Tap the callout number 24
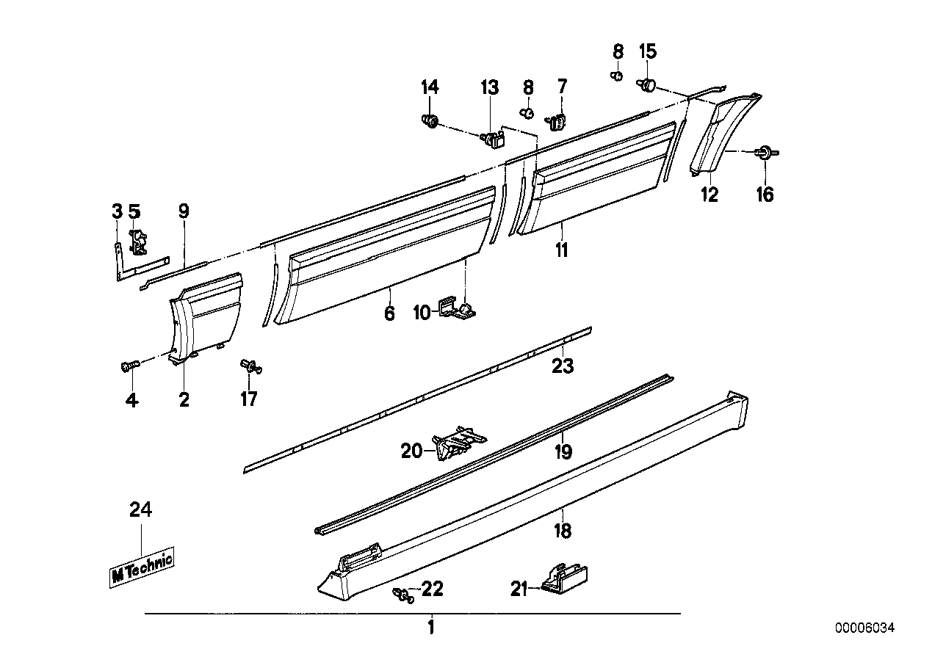[x=140, y=509]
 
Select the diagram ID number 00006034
[x=865, y=628]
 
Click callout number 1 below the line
[x=431, y=628]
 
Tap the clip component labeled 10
[x=457, y=311]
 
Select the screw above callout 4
[x=129, y=366]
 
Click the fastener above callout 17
[x=250, y=366]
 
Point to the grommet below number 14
[x=430, y=120]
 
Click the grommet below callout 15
[x=647, y=86]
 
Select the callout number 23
[x=563, y=365]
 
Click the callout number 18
[x=563, y=530]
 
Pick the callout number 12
[x=709, y=195]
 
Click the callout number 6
[x=389, y=313]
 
